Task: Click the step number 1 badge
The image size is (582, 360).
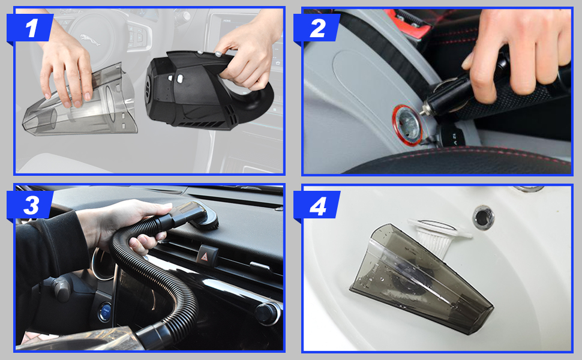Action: pyautogui.click(x=31, y=28)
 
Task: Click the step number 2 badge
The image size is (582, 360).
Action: pyautogui.click(x=317, y=28)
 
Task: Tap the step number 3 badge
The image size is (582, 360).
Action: pyautogui.click(x=31, y=205)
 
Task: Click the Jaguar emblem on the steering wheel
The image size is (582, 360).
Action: pyautogui.click(x=90, y=40)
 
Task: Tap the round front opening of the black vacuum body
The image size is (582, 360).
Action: pyautogui.click(x=148, y=88)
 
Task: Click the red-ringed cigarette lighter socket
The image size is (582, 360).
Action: pyautogui.click(x=407, y=124)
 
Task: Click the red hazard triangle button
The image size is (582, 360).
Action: pyautogui.click(x=204, y=256)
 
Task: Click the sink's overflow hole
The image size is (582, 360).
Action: pyautogui.click(x=483, y=217)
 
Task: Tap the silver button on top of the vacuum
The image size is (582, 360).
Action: pyautogui.click(x=218, y=54)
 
